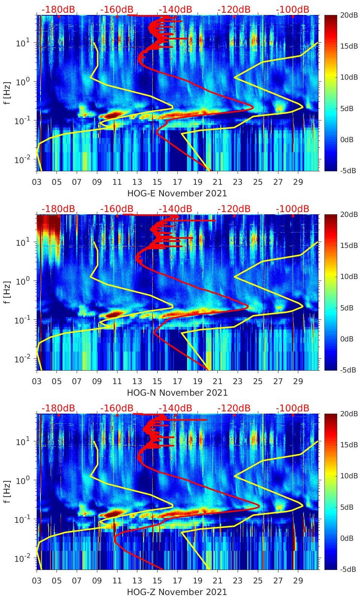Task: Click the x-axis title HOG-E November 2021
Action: point(177,193)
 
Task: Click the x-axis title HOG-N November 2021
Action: point(177,393)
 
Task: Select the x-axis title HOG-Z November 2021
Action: point(177,592)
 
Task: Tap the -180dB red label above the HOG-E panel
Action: point(58,10)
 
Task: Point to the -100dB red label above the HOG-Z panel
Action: point(293,408)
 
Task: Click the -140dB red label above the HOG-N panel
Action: point(176,209)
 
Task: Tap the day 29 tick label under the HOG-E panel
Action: point(298,182)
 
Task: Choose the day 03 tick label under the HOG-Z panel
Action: point(37,581)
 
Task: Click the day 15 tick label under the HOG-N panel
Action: point(157,381)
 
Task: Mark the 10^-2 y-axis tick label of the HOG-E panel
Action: point(22,160)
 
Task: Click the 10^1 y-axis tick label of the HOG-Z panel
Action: point(23,441)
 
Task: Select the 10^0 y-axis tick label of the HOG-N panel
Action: point(23,281)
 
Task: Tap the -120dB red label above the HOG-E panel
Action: point(234,10)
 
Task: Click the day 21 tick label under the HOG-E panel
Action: point(217,182)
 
